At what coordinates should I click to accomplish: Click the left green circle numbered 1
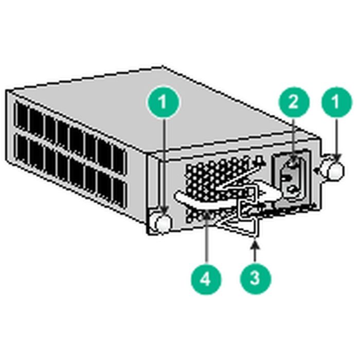[164, 102]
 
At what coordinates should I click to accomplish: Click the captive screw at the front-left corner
[162, 222]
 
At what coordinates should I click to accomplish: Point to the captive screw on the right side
[335, 171]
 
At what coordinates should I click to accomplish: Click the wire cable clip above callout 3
[252, 211]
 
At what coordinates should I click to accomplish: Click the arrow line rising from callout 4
[206, 242]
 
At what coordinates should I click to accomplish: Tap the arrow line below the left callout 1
[164, 165]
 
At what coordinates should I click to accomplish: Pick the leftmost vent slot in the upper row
[22, 115]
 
